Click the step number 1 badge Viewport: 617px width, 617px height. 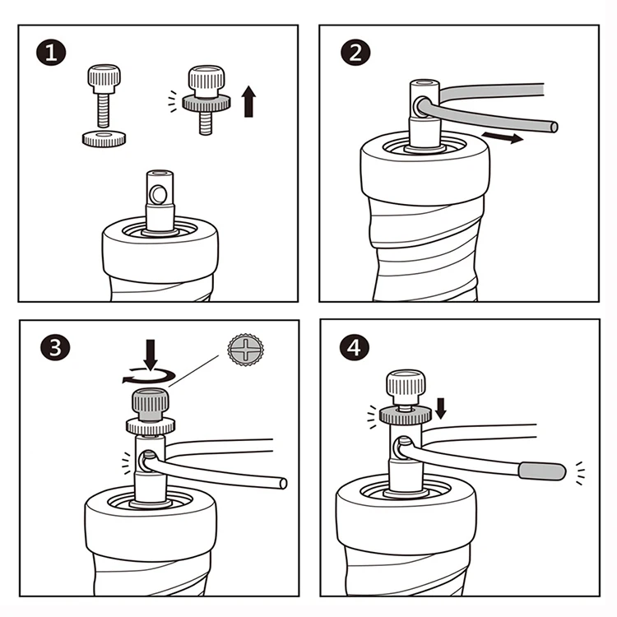click(x=51, y=53)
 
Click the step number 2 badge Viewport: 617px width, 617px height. click(x=355, y=53)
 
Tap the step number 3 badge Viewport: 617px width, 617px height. click(x=55, y=347)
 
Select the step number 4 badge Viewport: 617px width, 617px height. click(x=354, y=347)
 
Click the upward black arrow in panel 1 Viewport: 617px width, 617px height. click(x=248, y=101)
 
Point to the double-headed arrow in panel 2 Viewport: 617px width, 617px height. click(x=503, y=137)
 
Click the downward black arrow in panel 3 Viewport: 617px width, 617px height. click(x=151, y=355)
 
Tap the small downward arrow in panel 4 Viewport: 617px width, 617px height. click(x=441, y=408)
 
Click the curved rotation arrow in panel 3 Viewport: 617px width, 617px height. click(x=148, y=377)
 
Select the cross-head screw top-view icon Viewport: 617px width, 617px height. click(x=245, y=350)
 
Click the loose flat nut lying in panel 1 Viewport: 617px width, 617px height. click(x=104, y=138)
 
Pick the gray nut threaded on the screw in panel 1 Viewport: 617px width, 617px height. click(x=206, y=103)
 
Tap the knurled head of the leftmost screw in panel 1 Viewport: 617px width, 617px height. click(x=104, y=79)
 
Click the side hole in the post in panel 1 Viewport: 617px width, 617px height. click(x=159, y=194)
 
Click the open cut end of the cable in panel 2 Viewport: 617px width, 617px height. click(x=554, y=127)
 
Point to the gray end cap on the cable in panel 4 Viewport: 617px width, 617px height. click(x=542, y=471)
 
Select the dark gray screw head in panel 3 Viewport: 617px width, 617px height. click(x=151, y=405)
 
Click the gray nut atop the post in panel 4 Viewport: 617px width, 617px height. click(x=406, y=415)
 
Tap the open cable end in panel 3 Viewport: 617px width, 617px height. click(x=283, y=484)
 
